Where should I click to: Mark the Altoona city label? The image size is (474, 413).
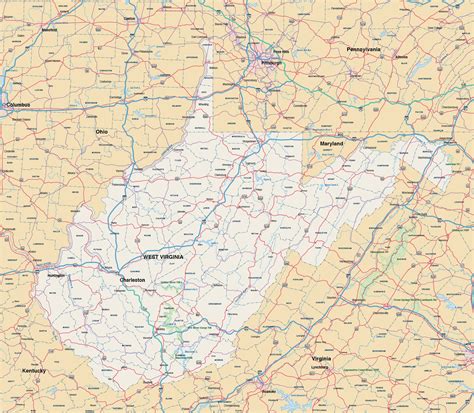pos(401,57)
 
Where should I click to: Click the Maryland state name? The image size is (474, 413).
pos(331,144)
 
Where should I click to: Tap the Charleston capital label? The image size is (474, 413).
pos(133,280)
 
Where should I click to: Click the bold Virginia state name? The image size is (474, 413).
pos(320,357)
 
